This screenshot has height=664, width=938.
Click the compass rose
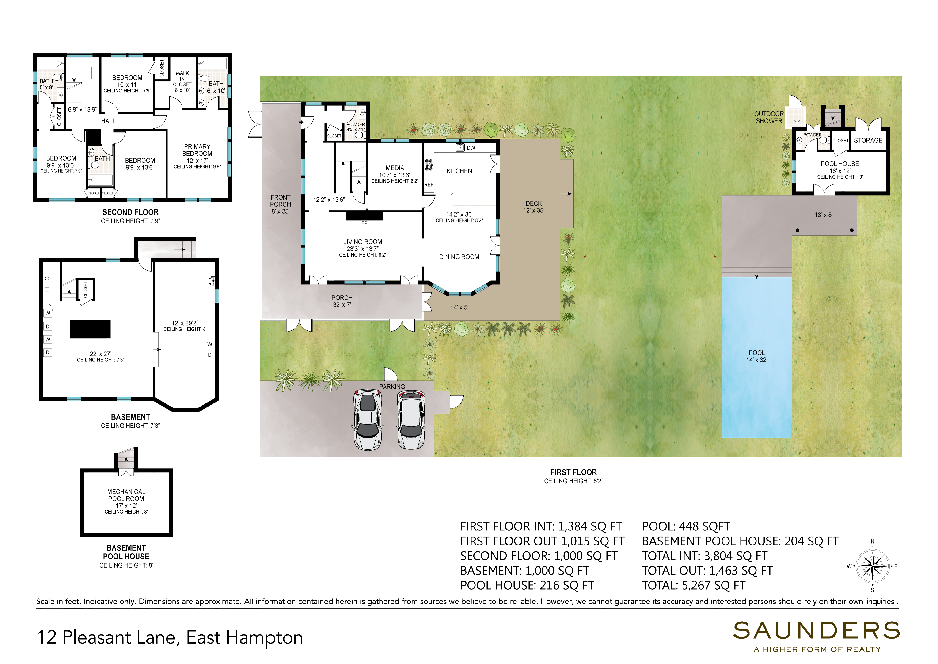point(872,566)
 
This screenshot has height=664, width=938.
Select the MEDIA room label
point(395,168)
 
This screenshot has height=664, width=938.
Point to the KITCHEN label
point(459,171)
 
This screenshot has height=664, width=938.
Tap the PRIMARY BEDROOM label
point(197,150)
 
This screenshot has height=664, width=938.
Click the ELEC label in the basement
point(47,284)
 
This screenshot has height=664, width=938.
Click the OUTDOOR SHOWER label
point(769,117)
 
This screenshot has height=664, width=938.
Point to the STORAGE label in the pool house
point(868,140)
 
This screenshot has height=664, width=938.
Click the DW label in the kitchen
point(471,148)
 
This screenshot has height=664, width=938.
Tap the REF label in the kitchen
point(429,184)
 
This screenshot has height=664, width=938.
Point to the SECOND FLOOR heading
point(130,212)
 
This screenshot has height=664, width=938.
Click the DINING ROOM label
point(459,257)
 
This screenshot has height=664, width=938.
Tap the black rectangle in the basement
point(90,329)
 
